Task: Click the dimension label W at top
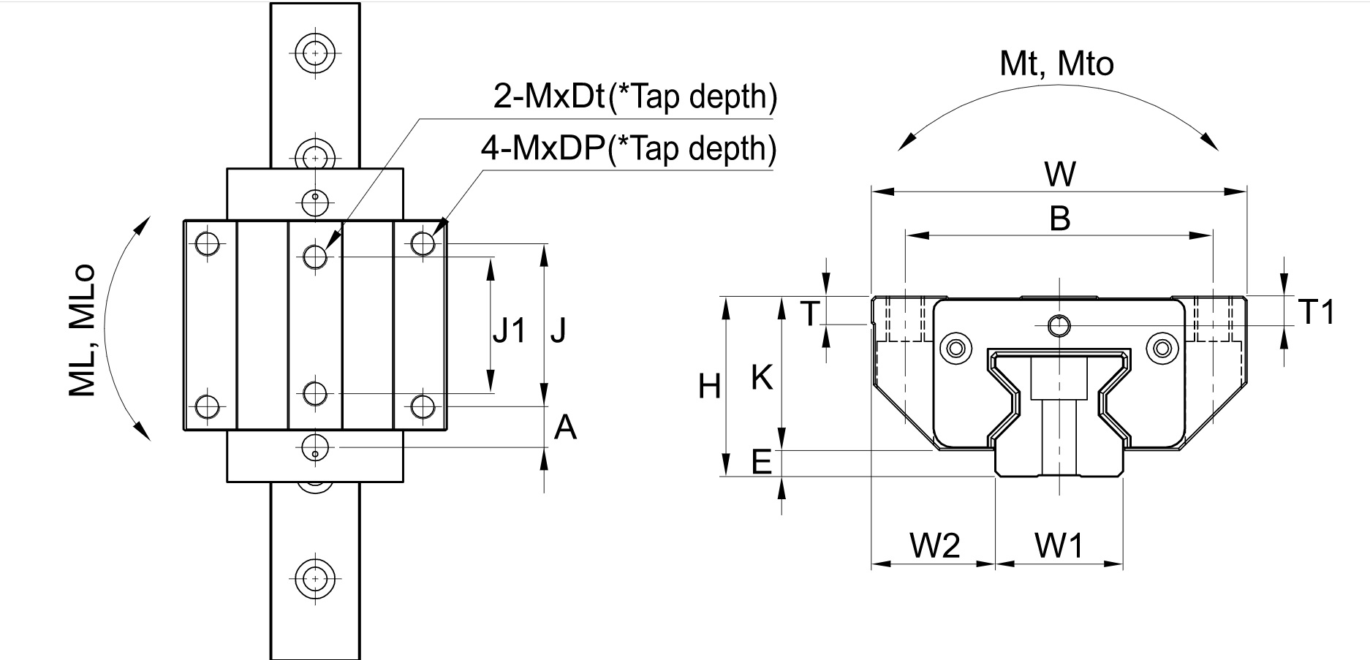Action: (1059, 174)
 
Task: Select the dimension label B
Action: (1059, 218)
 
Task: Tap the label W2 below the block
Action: (934, 545)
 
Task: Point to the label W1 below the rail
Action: (1059, 545)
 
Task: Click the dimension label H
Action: (709, 386)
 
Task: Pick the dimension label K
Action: (762, 379)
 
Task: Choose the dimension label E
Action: (762, 462)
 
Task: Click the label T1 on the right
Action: (1317, 313)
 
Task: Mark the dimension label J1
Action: (509, 331)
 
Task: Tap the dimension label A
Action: (564, 428)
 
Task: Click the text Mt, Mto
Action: (1056, 64)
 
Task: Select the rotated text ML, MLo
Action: (83, 330)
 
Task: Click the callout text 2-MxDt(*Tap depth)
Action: (635, 96)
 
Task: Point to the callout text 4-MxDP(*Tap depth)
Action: (628, 149)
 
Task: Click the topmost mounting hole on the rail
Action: (315, 53)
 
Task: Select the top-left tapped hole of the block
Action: (208, 243)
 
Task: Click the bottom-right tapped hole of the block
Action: (423, 406)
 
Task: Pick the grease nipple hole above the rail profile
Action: (1058, 325)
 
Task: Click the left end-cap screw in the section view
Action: (955, 347)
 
